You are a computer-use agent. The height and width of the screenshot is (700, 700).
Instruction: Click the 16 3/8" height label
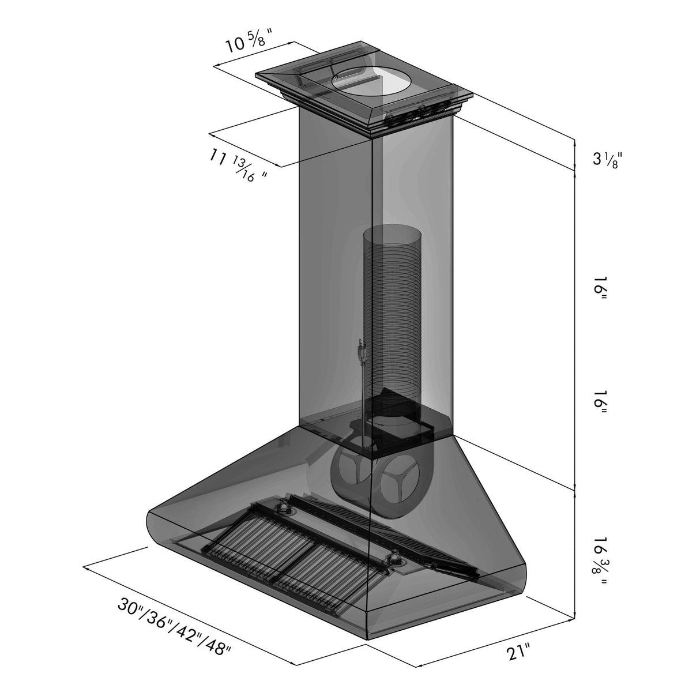pyautogui.click(x=600, y=559)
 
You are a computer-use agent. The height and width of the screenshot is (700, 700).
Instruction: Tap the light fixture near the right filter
pyautogui.click(x=396, y=558)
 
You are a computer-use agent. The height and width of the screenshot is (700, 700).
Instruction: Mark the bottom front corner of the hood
pyautogui.click(x=367, y=638)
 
